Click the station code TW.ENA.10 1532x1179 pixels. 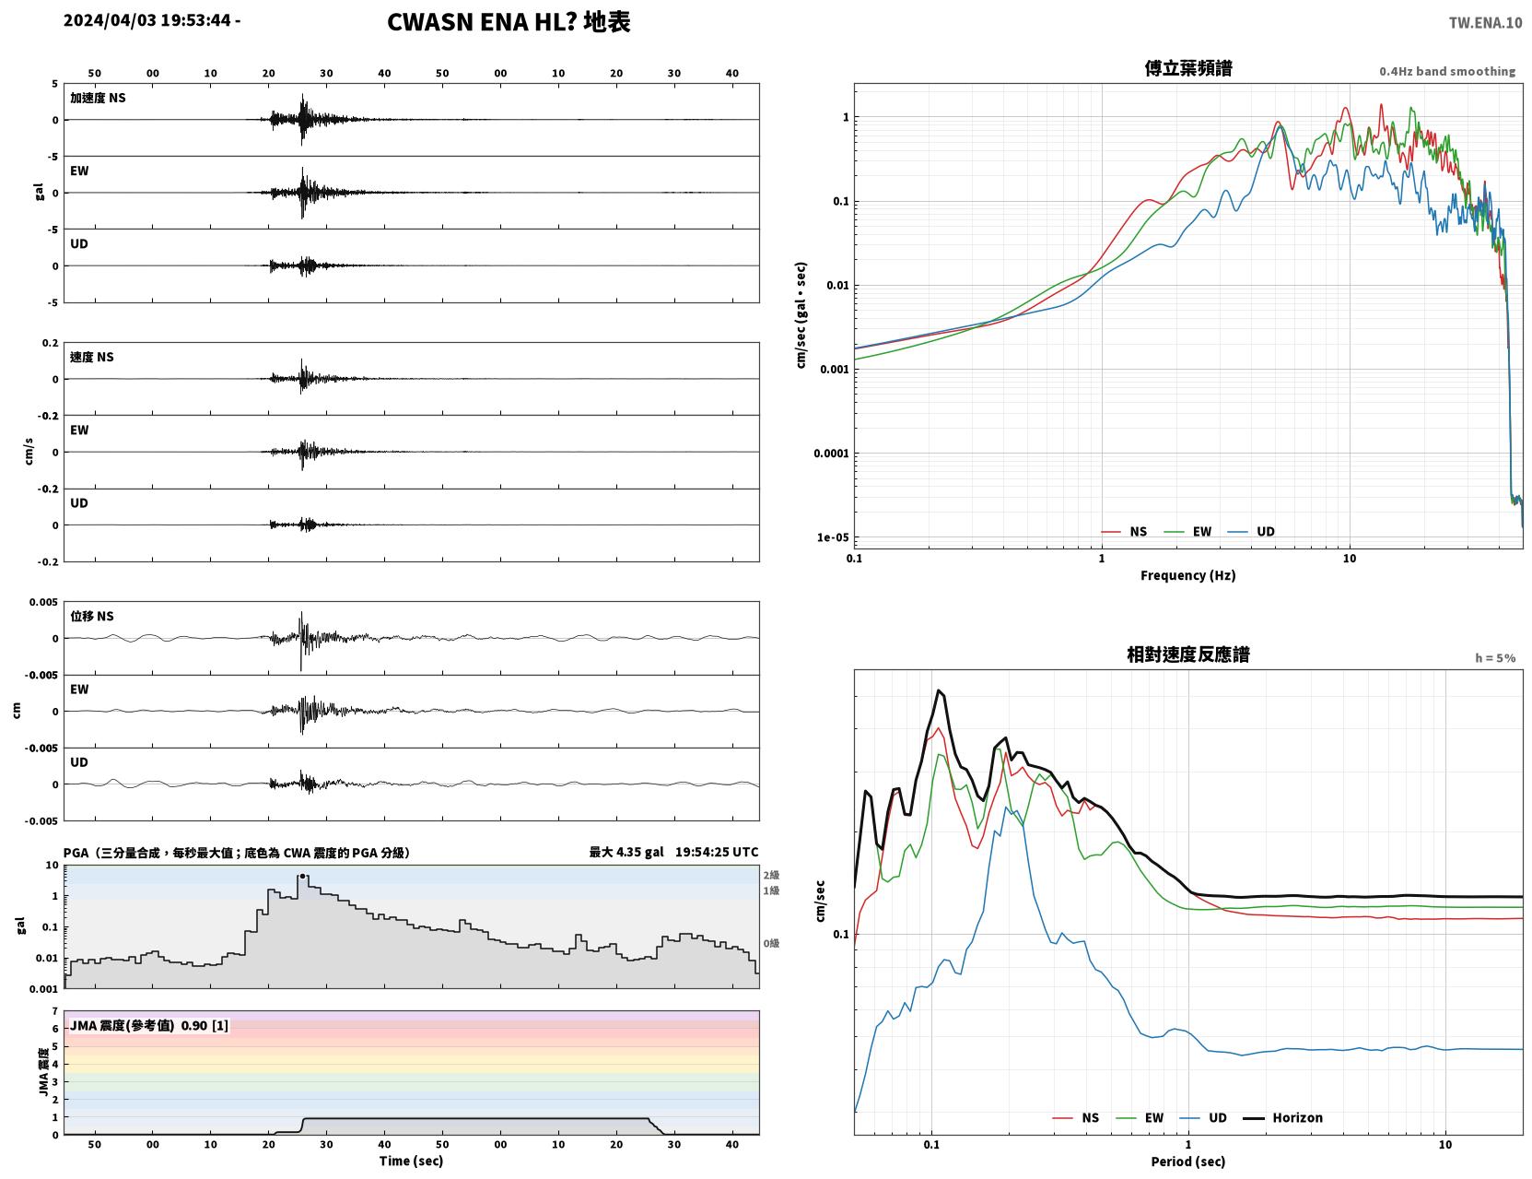pyautogui.click(x=1485, y=22)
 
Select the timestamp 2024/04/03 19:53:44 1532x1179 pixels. pyautogui.click(x=147, y=19)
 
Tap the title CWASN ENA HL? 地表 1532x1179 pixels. pyautogui.click(x=509, y=22)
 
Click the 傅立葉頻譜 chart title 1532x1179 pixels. pyautogui.click(x=1188, y=68)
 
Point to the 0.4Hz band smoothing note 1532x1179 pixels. pyautogui.click(x=1446, y=71)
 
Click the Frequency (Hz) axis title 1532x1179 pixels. pyautogui.click(x=1188, y=575)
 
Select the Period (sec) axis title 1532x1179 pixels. pyautogui.click(x=1188, y=1161)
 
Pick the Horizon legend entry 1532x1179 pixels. pyautogui.click(x=1282, y=1117)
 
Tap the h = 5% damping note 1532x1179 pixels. pyautogui.click(x=1494, y=658)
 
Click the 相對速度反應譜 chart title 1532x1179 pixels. pyautogui.click(x=1188, y=654)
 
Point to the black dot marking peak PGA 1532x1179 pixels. pyautogui.click(x=302, y=877)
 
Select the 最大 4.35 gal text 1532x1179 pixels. pyautogui.click(x=626, y=852)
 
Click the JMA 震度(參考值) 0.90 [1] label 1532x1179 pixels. pyautogui.click(x=148, y=1025)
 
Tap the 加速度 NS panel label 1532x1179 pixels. pyautogui.click(x=98, y=98)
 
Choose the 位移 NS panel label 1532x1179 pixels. pyautogui.click(x=91, y=617)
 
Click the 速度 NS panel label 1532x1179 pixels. pyautogui.click(x=91, y=357)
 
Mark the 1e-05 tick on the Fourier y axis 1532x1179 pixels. pyautogui.click(x=833, y=537)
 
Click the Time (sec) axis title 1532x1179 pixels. pyautogui.click(x=411, y=1161)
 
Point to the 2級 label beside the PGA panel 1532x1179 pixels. pyautogui.click(x=771, y=875)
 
